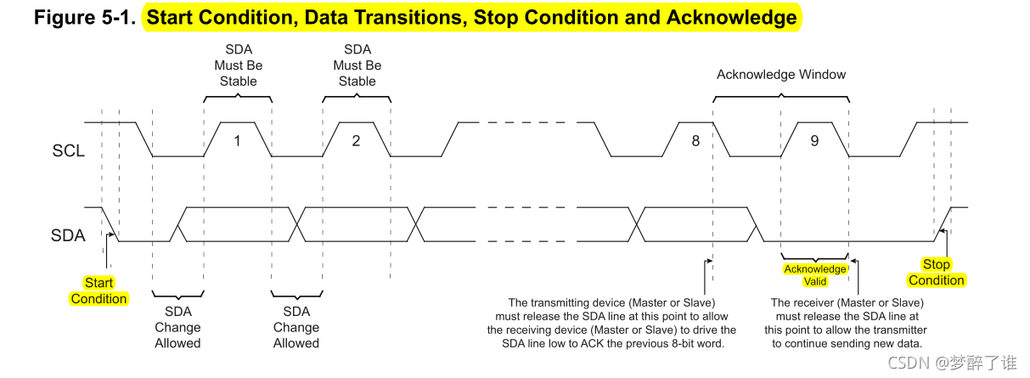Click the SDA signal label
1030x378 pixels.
69,235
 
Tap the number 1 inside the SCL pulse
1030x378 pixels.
237,140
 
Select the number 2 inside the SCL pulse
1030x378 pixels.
356,140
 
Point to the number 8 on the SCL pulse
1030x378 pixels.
695,140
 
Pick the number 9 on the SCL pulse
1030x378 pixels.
814,140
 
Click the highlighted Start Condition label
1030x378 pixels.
98,291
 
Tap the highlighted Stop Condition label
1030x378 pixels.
937,273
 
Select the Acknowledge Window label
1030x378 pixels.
781,75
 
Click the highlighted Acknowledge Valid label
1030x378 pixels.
814,275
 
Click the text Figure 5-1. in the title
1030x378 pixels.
85,17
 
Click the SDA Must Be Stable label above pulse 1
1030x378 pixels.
238,65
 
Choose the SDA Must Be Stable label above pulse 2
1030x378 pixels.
357,65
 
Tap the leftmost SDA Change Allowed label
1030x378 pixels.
177,327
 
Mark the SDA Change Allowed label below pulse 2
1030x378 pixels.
296,327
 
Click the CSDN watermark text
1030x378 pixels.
907,363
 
